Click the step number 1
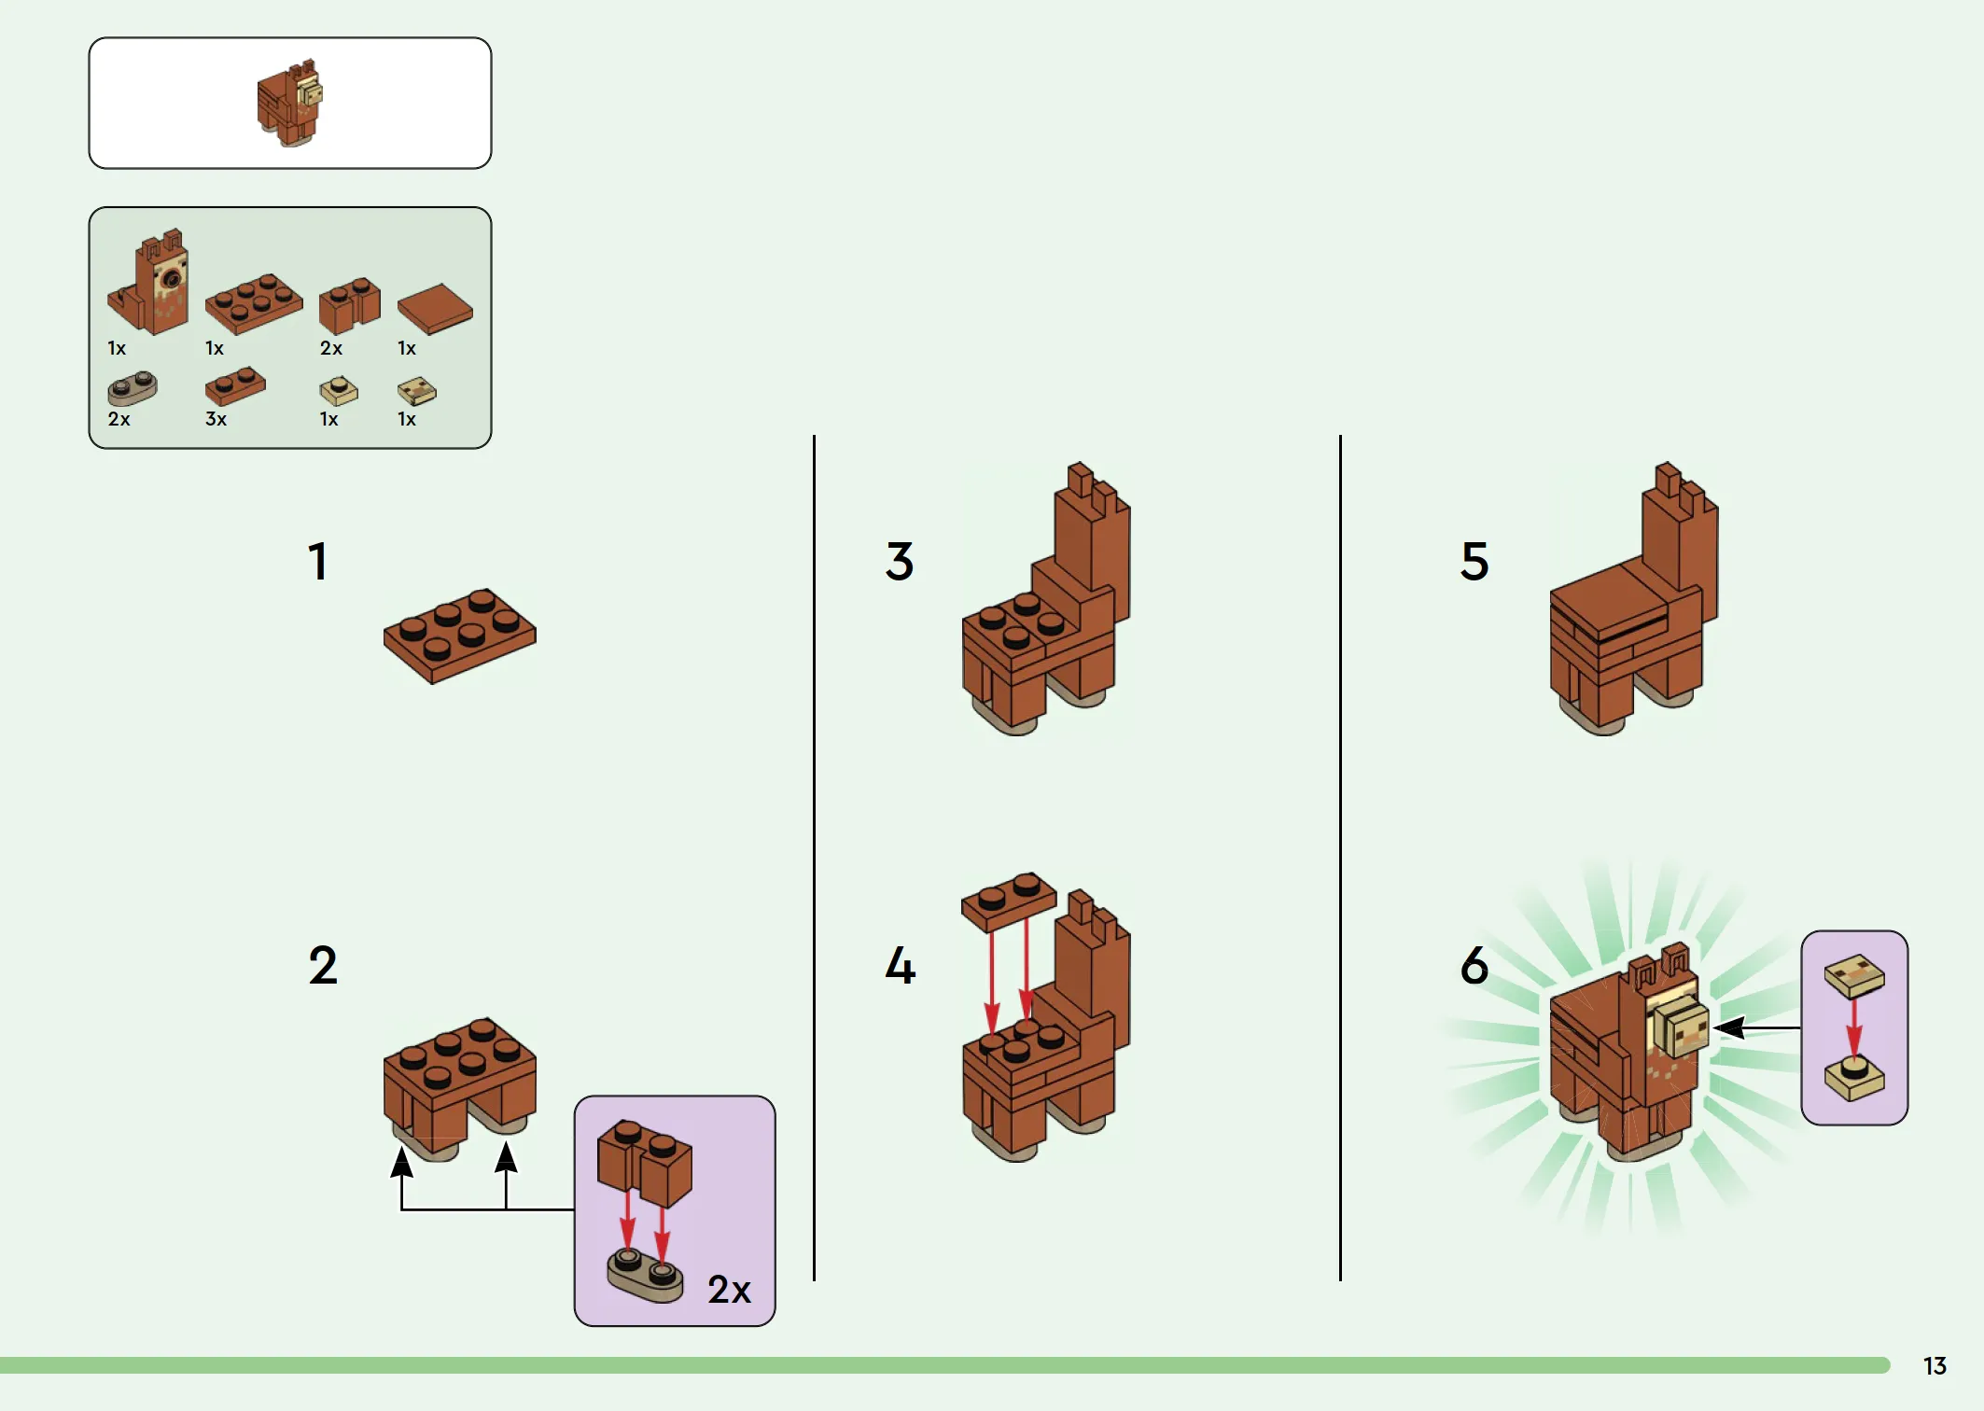coord(318,562)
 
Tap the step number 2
coord(323,965)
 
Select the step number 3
coord(900,562)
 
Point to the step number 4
coord(901,965)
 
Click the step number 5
coord(1474,562)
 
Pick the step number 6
coord(1474,965)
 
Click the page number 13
coord(1935,1366)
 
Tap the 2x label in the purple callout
coord(729,1290)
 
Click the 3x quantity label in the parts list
coord(216,419)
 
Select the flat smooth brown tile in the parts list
coord(435,308)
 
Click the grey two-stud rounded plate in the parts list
coord(133,388)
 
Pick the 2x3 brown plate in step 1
coord(460,636)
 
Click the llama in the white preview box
coord(290,103)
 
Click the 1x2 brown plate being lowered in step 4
coord(1009,901)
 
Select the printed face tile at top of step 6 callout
coord(1854,976)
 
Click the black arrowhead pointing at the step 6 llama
coord(1729,1027)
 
